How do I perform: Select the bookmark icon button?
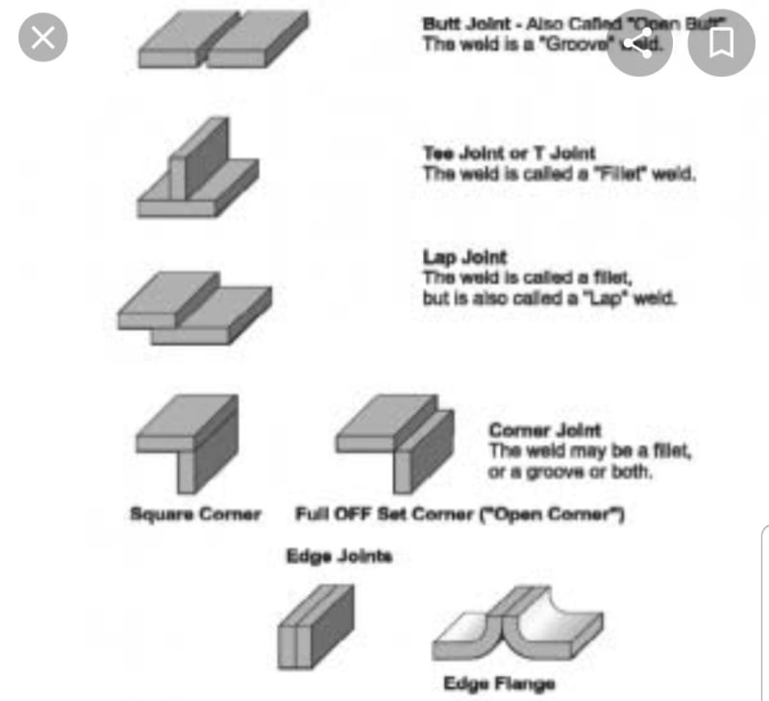pos(722,41)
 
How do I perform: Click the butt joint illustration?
pos(224,40)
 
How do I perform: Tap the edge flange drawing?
pos(517,631)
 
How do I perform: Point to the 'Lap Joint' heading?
pos(464,257)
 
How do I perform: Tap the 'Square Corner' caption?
pos(195,514)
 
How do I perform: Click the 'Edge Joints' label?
pos(339,556)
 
